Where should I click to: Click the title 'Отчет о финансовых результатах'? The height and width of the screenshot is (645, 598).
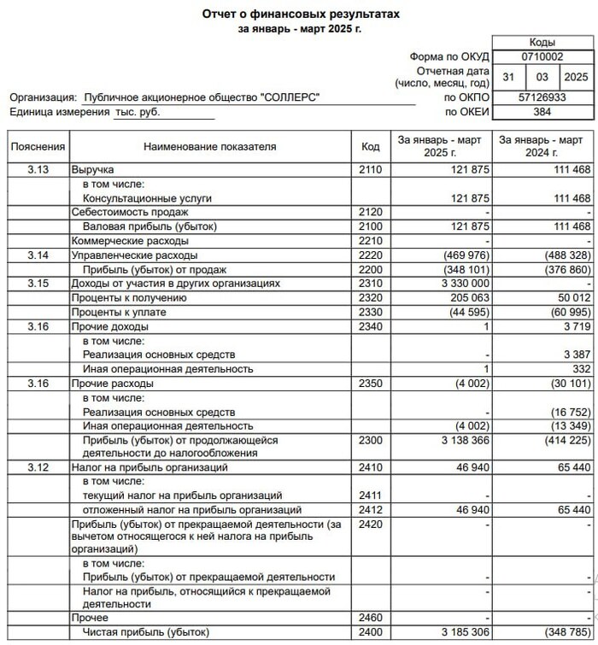[x=300, y=15]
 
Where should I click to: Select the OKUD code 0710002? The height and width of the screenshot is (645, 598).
[x=542, y=56]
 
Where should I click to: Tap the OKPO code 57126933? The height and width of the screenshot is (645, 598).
[x=542, y=98]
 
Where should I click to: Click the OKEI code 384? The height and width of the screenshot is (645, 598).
[x=542, y=112]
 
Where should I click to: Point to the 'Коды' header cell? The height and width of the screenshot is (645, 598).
[x=542, y=42]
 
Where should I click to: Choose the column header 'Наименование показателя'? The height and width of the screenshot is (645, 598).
[x=210, y=147]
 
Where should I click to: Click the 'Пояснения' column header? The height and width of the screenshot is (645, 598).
[x=38, y=147]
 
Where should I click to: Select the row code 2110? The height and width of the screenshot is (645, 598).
[x=370, y=170]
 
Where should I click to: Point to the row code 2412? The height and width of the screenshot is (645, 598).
[x=370, y=509]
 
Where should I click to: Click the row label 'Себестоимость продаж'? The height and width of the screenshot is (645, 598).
[x=130, y=212]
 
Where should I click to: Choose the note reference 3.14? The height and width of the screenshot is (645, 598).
[x=38, y=255]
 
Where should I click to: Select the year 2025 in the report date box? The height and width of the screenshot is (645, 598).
[x=577, y=77]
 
